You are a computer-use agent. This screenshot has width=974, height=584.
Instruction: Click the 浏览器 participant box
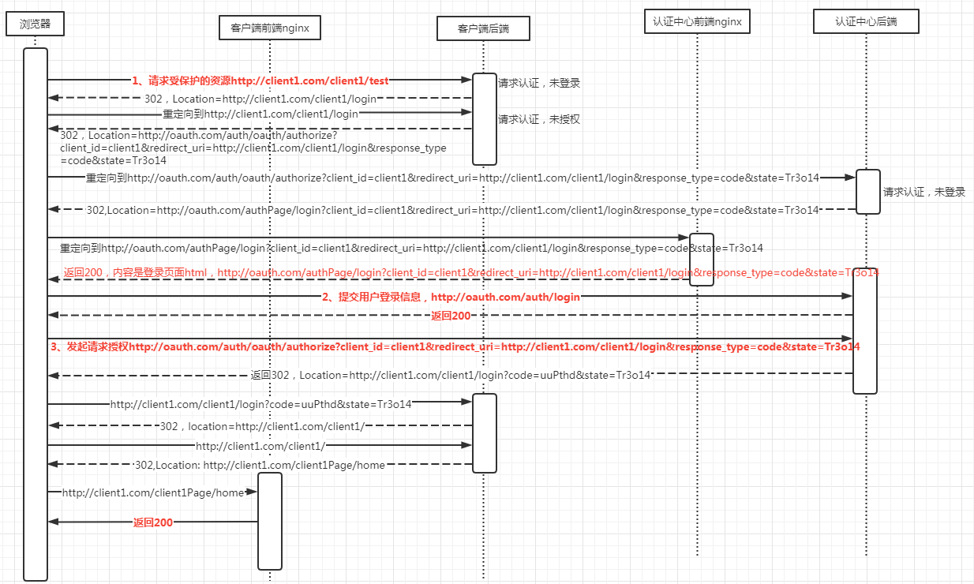[35, 24]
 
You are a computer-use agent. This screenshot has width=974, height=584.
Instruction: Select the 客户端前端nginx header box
[269, 28]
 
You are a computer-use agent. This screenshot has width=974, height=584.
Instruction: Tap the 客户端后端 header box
[483, 28]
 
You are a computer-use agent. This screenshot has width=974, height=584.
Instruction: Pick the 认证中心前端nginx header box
[697, 22]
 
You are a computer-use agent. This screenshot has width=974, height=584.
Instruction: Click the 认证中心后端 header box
[866, 22]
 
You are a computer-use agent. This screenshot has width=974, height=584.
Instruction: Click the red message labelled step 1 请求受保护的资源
[260, 80]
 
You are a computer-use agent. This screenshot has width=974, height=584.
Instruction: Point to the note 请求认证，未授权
[539, 119]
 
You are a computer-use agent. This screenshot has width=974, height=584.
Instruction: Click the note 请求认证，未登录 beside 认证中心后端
[923, 192]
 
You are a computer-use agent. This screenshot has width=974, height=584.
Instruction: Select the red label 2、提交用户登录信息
[451, 297]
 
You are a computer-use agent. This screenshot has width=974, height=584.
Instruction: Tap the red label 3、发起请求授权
[455, 346]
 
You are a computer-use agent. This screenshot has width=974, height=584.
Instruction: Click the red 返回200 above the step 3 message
[451, 316]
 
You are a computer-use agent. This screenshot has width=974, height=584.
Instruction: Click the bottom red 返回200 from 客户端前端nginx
[152, 522]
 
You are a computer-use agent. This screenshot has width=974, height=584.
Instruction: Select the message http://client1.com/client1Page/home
[153, 492]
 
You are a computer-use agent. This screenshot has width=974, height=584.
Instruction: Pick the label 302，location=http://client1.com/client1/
[261, 426]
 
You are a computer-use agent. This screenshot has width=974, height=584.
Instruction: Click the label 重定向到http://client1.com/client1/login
[260, 114]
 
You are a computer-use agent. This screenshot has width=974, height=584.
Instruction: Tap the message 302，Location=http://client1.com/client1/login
[260, 99]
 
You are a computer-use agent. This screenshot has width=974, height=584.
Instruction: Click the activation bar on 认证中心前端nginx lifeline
[702, 259]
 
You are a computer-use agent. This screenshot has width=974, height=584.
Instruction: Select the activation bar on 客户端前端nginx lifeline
[270, 521]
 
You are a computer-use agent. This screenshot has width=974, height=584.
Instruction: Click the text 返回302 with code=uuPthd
[450, 375]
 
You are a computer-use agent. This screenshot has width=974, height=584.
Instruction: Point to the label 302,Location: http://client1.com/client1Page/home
[260, 466]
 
